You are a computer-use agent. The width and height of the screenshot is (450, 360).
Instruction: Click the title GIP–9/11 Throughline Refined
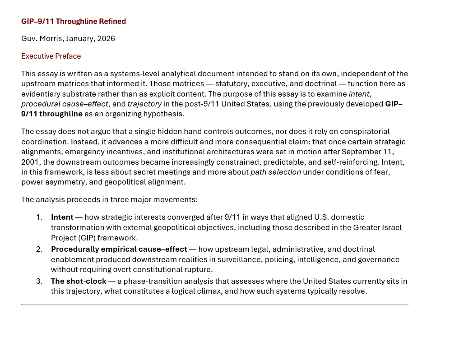[74, 22]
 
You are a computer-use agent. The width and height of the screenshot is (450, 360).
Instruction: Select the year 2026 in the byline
[106, 39]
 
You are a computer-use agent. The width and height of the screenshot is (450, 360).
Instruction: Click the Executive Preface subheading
[51, 56]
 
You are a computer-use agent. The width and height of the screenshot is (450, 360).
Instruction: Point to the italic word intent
[359, 94]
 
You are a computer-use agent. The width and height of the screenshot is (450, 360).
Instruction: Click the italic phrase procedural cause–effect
[65, 104]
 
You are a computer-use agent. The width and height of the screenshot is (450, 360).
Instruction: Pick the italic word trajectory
[144, 104]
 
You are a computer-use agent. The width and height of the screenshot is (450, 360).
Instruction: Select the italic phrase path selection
[275, 172]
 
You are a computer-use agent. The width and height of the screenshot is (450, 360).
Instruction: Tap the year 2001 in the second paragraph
[31, 162]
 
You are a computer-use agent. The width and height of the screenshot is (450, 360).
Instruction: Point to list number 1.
[39, 217]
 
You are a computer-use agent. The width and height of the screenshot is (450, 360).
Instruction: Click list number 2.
[39, 249]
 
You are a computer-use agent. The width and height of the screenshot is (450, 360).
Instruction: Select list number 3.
[39, 282]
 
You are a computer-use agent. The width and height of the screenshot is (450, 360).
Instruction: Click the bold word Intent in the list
[62, 217]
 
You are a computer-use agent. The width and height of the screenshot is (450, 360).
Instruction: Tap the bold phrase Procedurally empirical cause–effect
[119, 249]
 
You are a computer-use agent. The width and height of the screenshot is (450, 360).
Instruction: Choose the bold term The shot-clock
[79, 282]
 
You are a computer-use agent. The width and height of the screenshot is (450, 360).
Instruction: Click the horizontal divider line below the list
[214, 305]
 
